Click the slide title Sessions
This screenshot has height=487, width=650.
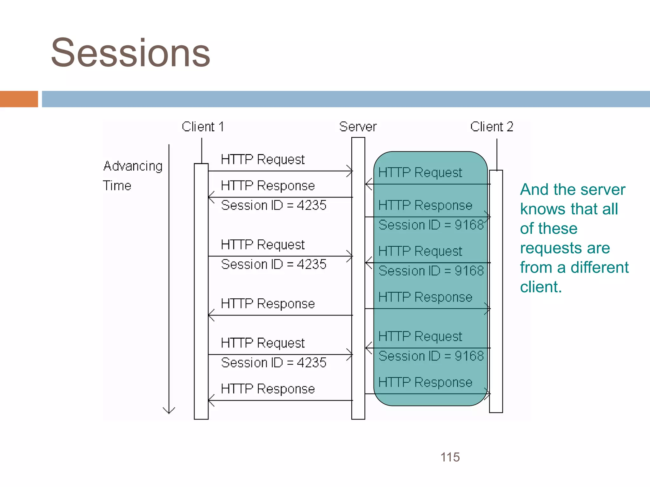(130, 53)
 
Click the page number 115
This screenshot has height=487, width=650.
(450, 457)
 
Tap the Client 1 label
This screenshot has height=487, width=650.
(203, 127)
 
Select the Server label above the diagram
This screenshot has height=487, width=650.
(358, 127)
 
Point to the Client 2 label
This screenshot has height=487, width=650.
(492, 127)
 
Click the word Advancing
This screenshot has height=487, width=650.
(133, 166)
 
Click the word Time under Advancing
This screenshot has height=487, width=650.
(117, 186)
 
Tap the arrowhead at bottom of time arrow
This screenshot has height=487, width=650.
(169, 411)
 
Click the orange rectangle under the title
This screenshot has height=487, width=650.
(19, 99)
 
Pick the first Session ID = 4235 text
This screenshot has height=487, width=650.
(274, 205)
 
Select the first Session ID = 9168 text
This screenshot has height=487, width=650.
(431, 225)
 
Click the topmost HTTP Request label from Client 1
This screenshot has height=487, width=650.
(263, 159)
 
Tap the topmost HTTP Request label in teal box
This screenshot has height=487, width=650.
(420, 173)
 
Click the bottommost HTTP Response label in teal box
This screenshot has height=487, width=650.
(425, 382)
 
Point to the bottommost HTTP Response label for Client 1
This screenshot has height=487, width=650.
(268, 389)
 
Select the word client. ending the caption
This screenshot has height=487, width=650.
(541, 287)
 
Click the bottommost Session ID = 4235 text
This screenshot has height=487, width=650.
(274, 363)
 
